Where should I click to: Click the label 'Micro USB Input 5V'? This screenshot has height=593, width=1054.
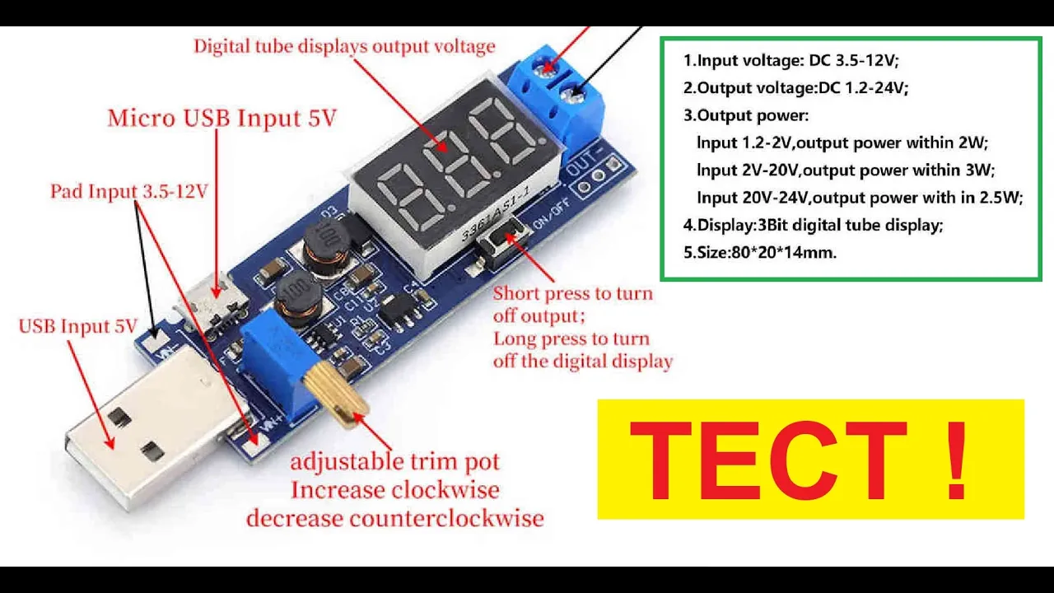pos(222,119)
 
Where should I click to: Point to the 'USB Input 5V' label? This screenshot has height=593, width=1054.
pos(77,326)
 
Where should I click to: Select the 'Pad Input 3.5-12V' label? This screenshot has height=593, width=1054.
pos(129,192)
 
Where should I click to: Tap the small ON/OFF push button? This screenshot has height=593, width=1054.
pos(498,241)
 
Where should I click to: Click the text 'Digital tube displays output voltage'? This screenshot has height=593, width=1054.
pos(344,46)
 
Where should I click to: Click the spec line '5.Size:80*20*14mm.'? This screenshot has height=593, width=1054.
pos(759,253)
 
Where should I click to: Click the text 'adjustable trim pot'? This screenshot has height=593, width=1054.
pos(394,461)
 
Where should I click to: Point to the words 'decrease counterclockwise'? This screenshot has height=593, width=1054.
pos(394,519)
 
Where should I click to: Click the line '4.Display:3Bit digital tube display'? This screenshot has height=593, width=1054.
pos(813,225)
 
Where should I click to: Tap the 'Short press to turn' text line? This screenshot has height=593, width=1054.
pos(572,294)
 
